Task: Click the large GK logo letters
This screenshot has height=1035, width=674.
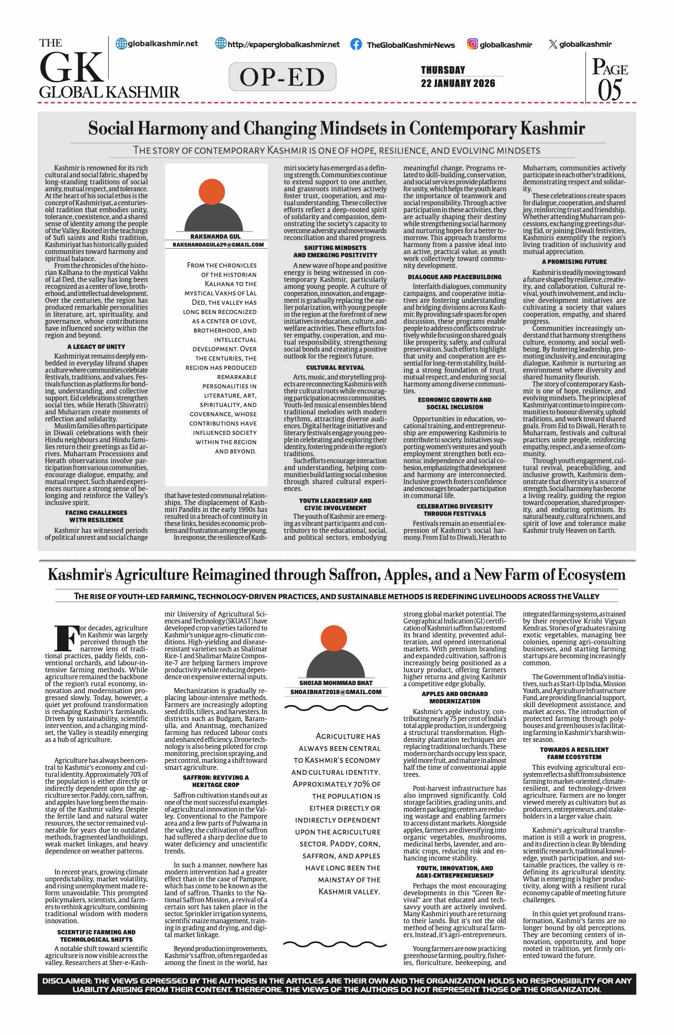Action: tap(72, 67)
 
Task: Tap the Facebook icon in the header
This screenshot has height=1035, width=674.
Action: tap(356, 44)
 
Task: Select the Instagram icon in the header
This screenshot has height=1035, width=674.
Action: tap(472, 44)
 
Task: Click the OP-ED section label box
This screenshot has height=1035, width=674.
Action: tap(282, 77)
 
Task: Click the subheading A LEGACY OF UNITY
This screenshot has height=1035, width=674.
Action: tap(96, 347)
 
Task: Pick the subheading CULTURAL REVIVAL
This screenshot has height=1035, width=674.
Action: tap(335, 367)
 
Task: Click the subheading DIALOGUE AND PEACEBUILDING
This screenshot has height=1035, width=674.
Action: tap(455, 277)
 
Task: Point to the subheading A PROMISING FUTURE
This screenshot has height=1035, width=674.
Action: tap(574, 262)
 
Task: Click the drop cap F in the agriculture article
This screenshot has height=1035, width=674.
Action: tap(67, 638)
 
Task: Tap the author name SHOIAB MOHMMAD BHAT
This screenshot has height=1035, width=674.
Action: tap(336, 683)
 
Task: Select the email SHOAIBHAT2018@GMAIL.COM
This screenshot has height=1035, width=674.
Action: tap(336, 692)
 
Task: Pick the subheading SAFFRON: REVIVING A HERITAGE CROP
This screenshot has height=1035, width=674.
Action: tap(216, 781)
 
